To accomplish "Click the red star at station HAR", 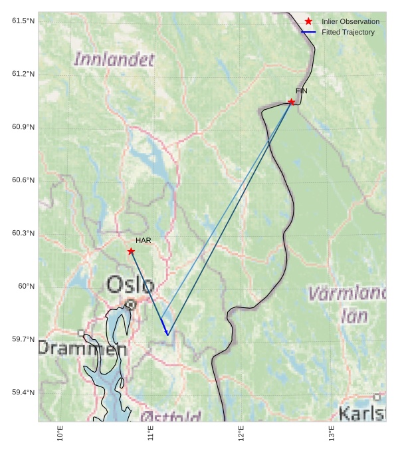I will (131, 251).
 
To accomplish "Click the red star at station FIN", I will (291, 102).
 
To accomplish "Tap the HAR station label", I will (144, 240).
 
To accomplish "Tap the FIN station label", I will (302, 90).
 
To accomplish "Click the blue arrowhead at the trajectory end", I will (166, 333).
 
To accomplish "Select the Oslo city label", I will (130, 285).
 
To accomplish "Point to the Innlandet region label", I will (114, 59).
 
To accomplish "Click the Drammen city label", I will (82, 348).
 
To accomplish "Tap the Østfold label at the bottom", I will (170, 417).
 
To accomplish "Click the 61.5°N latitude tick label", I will (23, 21).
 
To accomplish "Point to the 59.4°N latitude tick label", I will (23, 392).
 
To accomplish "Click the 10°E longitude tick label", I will (60, 433).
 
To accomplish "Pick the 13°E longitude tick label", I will (332, 433).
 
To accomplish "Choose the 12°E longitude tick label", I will (241, 433).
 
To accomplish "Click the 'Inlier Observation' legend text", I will (350, 21).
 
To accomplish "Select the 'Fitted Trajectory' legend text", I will (348, 32).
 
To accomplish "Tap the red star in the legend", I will (308, 21).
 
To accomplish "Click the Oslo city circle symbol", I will (132, 305).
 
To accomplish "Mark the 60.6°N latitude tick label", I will (23, 180).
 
